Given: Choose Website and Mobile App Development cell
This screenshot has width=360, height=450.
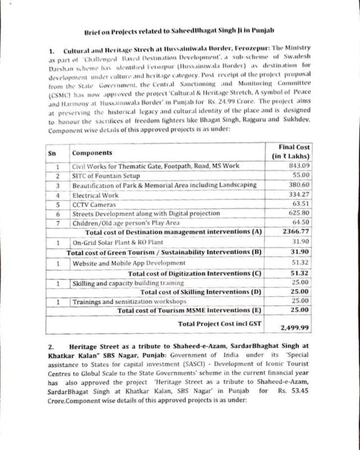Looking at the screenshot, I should point(130,263).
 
